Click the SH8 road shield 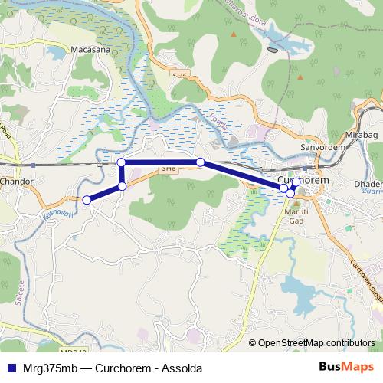point(168,168)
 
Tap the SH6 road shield point(179,74)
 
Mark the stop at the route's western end point(87,200)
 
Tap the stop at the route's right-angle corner point(121,162)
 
